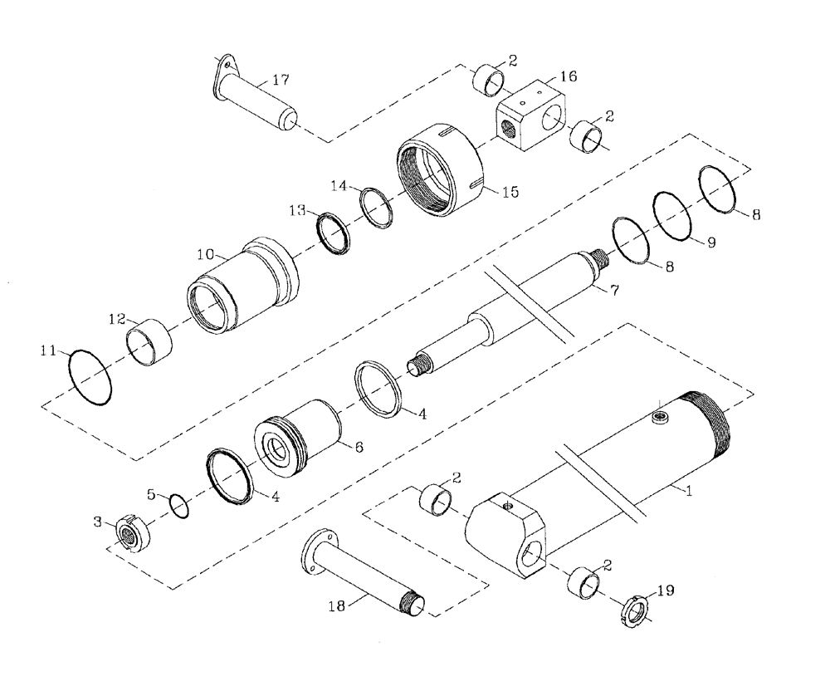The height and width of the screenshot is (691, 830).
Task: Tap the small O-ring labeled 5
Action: [179, 504]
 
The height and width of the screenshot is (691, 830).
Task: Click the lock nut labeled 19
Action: [635, 611]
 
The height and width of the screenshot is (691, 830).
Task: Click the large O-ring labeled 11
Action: [90, 377]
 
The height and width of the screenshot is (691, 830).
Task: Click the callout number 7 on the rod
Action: [615, 291]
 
